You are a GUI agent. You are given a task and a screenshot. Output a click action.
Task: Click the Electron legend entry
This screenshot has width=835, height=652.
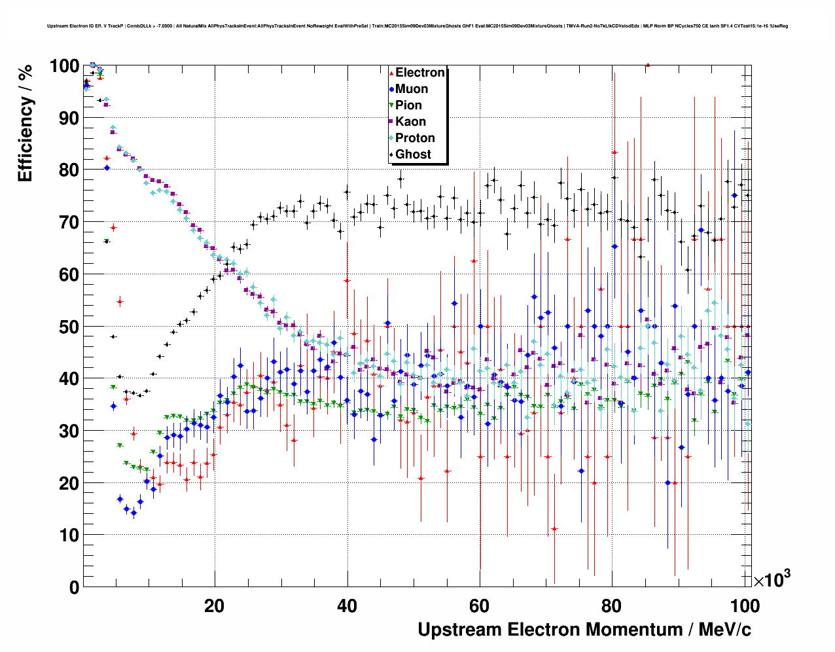pos(420,73)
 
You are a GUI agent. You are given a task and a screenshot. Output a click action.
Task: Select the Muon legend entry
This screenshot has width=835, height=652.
pos(412,89)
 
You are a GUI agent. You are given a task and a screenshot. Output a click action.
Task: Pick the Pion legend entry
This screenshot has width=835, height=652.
pos(408,105)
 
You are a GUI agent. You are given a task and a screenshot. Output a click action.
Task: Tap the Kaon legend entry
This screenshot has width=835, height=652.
pos(410,122)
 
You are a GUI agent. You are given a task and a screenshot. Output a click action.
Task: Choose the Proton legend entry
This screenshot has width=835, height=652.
pos(415,138)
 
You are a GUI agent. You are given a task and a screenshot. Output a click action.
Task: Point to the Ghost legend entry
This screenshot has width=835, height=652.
pos(413,154)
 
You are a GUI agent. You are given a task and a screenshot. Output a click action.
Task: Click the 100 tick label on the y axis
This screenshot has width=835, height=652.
pos(64,66)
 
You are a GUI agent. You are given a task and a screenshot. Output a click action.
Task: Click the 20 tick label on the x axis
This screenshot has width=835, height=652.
pos(214,606)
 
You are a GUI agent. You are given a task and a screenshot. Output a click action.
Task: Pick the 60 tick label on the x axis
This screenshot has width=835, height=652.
pos(480,606)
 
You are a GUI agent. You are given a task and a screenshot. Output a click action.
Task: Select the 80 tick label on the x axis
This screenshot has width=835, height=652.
pos(612,606)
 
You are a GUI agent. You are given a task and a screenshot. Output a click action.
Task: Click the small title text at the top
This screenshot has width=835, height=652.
pos(417,26)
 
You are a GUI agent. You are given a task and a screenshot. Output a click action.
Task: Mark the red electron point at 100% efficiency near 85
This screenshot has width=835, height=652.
pos(647,65)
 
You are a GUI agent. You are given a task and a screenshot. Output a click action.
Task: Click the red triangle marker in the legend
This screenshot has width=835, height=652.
pos(391,73)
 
